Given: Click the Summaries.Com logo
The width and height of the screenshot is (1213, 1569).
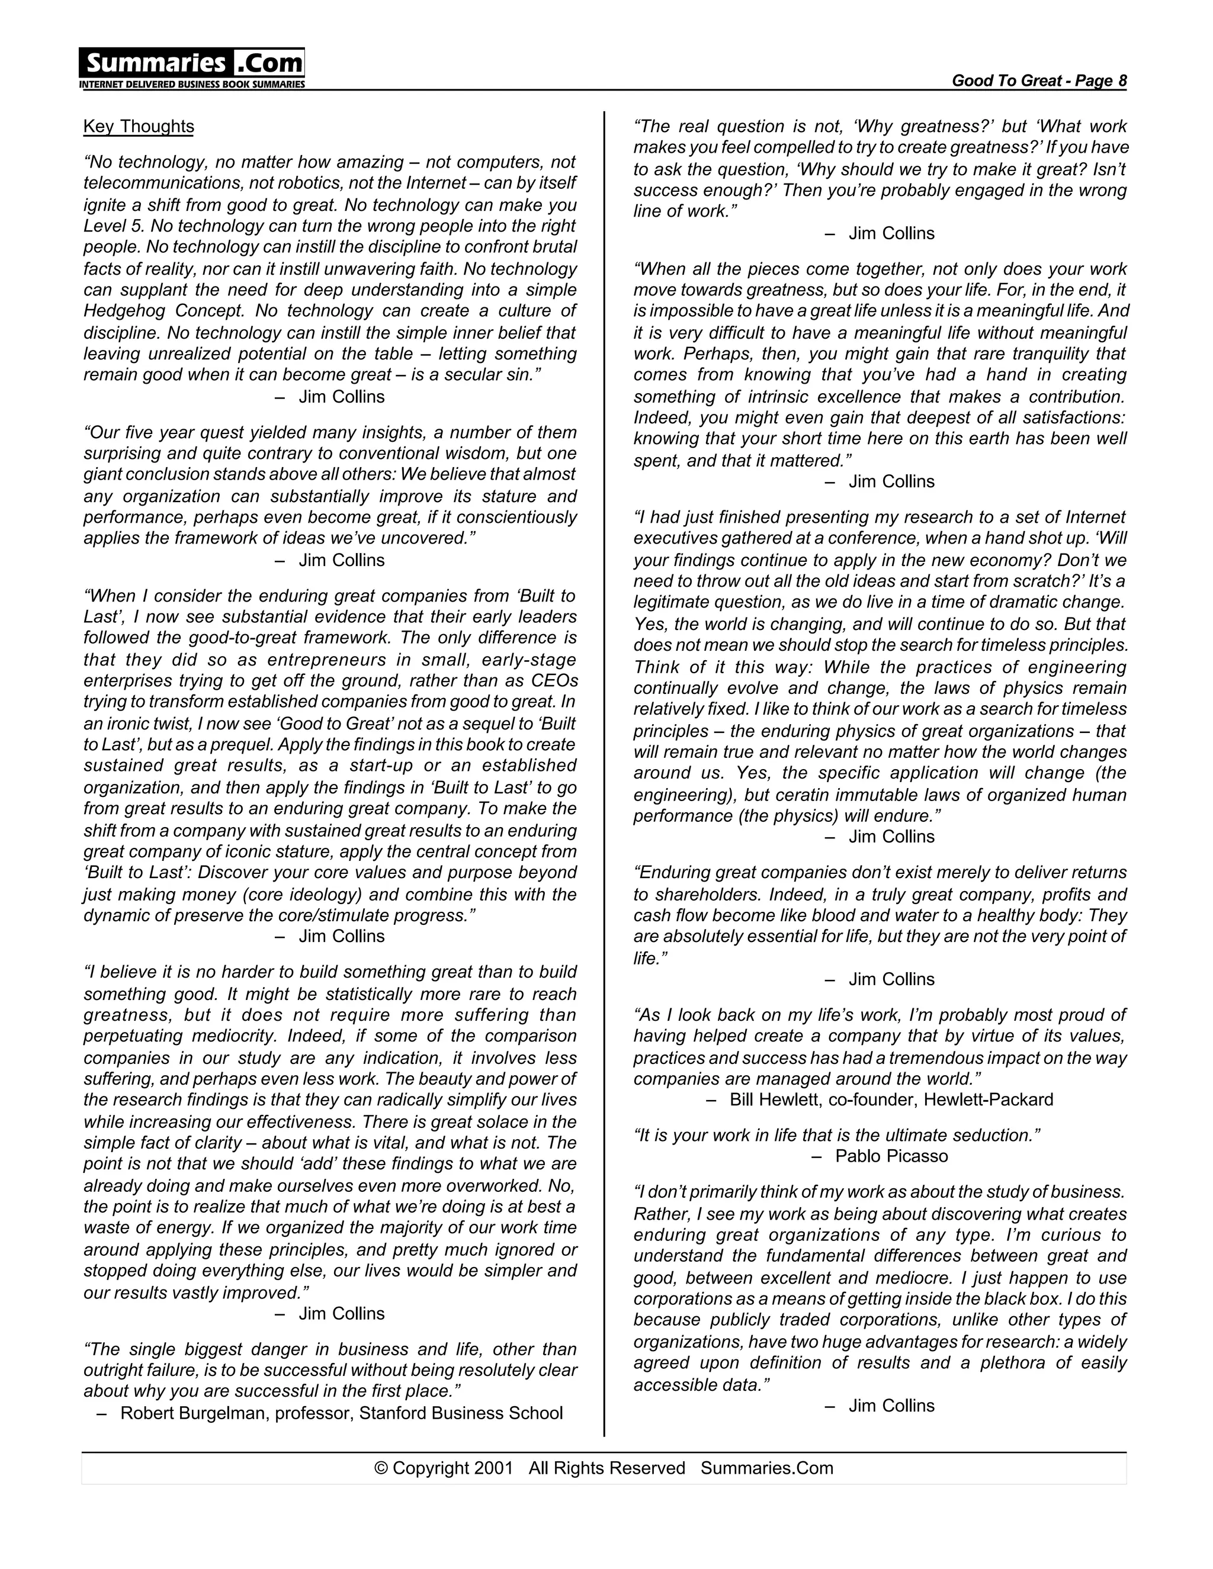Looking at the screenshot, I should coord(192,63).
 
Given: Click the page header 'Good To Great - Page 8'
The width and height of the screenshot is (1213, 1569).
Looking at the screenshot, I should coord(1038,81).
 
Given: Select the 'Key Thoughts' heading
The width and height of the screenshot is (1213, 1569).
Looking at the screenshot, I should coord(139,127).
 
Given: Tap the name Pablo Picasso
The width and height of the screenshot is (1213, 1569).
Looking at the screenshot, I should coord(891,1156).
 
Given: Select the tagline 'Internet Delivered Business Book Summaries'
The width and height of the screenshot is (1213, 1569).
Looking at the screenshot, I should coord(192,85).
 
